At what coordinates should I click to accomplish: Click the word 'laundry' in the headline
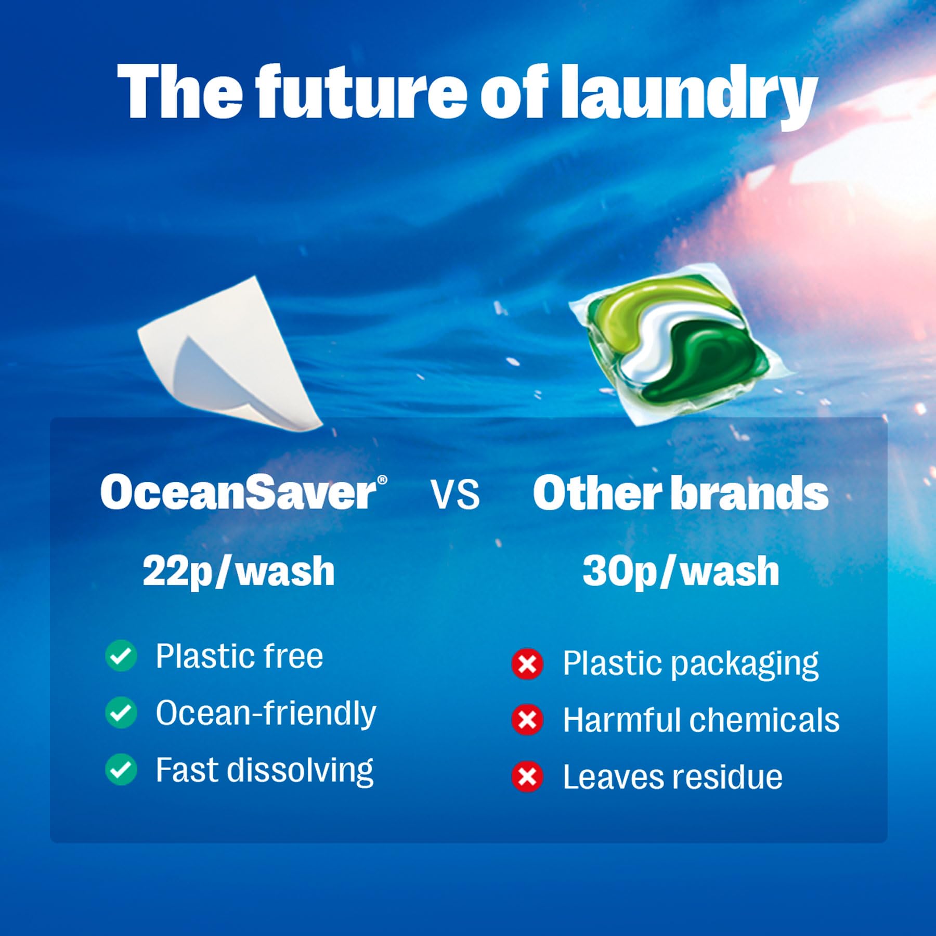687,94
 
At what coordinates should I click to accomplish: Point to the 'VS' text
456,495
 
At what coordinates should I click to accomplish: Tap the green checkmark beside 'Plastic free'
121,656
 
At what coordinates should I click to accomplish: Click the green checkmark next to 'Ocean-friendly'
121,712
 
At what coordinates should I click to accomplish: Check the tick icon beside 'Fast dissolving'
121,770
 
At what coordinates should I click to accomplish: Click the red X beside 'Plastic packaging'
527,664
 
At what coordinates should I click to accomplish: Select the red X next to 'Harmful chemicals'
527,720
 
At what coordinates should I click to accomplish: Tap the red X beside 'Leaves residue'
527,777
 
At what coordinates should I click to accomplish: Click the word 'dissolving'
300,771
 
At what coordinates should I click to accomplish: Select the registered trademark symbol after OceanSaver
382,480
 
